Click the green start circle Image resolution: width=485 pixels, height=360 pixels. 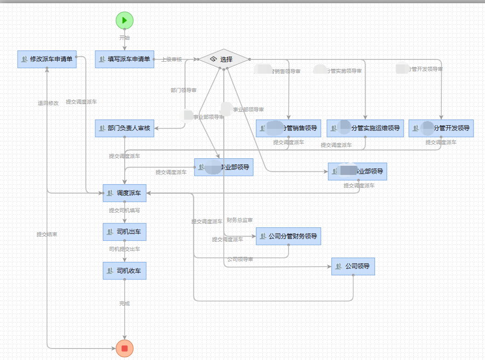coord(124,20)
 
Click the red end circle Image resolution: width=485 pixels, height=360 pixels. coord(124,348)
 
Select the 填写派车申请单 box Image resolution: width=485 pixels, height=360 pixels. coord(125,59)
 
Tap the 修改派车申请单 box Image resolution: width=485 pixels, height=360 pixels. coord(47,59)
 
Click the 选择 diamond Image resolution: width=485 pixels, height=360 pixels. coord(224,59)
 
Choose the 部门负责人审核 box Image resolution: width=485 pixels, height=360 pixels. coord(125,128)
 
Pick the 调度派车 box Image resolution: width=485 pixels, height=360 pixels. coord(125,193)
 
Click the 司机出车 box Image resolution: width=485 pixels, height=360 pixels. coord(125,232)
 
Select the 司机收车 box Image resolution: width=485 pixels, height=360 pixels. coord(125,271)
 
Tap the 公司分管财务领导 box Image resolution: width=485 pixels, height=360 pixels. coord(289,236)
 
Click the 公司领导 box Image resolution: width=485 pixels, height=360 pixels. coord(353,266)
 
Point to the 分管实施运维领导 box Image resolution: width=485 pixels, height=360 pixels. coord(365,128)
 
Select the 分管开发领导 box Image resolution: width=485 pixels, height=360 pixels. coord(441,128)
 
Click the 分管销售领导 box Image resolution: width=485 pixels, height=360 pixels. coord(289,128)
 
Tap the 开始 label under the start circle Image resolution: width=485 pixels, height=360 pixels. coord(124,38)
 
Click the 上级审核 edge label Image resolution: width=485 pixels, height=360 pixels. coord(172,59)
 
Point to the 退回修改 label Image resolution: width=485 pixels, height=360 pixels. coord(48,103)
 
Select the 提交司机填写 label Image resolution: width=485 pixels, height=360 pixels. coord(124,210)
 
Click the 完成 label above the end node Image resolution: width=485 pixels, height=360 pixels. coord(124,303)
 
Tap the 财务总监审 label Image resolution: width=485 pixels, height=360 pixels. coord(239,220)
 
